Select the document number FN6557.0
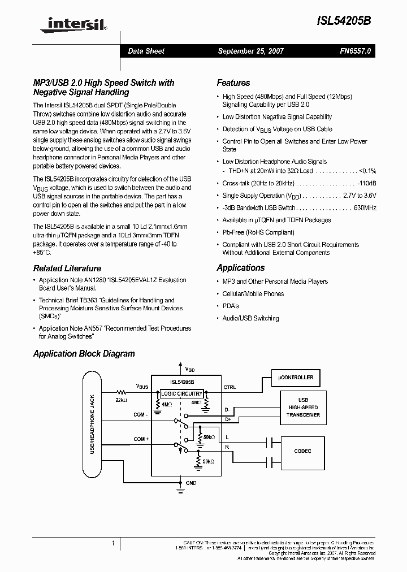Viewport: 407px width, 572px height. pos(356,51)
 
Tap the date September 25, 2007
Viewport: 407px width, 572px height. pos(251,51)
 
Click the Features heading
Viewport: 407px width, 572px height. pos(233,83)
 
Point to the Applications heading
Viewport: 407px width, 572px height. pos(241,268)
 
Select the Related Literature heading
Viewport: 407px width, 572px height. pos(67,268)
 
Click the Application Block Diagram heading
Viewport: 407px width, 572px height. pos(84,354)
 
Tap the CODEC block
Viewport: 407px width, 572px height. pos(302,451)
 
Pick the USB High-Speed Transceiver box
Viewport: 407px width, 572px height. pos(303,407)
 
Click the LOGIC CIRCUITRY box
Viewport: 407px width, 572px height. pos(181,393)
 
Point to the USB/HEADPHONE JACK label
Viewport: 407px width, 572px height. pos(92,424)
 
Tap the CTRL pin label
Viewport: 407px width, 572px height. pos(230,387)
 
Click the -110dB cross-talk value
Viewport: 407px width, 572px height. pos(366,183)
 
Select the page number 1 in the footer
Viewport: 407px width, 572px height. pos(114,543)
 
